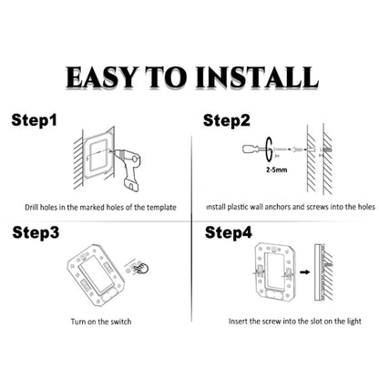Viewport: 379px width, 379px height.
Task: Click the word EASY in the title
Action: click(x=103, y=77)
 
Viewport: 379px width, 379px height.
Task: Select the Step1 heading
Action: click(x=34, y=120)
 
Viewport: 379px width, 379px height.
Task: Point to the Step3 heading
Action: click(x=36, y=231)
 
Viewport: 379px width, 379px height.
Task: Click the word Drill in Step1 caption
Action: click(x=33, y=208)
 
